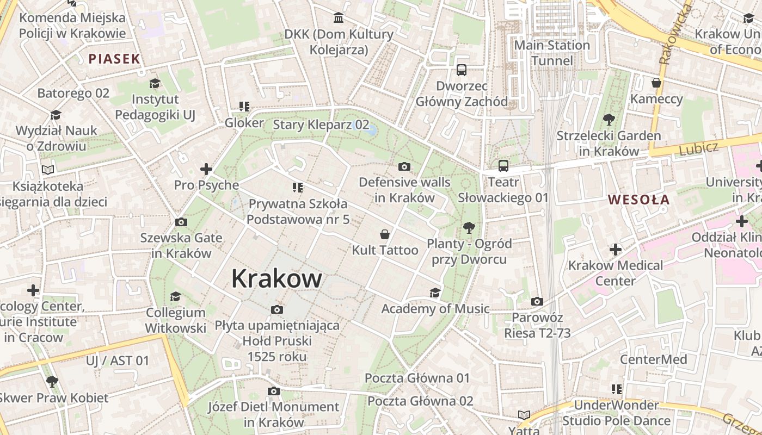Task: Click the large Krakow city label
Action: coord(276,278)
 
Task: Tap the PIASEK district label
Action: coord(115,59)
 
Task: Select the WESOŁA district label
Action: coord(639,200)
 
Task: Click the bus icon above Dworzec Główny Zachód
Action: coord(462,70)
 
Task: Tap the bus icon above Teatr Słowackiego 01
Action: coord(503,165)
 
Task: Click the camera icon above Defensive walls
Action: coord(404,166)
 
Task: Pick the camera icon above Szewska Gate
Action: coord(181,222)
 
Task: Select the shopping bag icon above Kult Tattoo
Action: coord(385,234)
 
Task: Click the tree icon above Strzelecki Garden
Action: coord(609,119)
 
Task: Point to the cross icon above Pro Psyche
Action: coord(206,169)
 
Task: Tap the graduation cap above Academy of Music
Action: coord(435,293)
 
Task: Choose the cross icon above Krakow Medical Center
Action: coord(616,250)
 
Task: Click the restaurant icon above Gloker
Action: coord(244,107)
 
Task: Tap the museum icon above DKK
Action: coord(339,18)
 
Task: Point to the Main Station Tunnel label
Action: coord(552,53)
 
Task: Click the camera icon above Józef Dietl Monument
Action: coord(274,391)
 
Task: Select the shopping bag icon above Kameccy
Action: coord(656,83)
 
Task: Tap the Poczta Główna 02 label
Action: coord(420,401)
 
